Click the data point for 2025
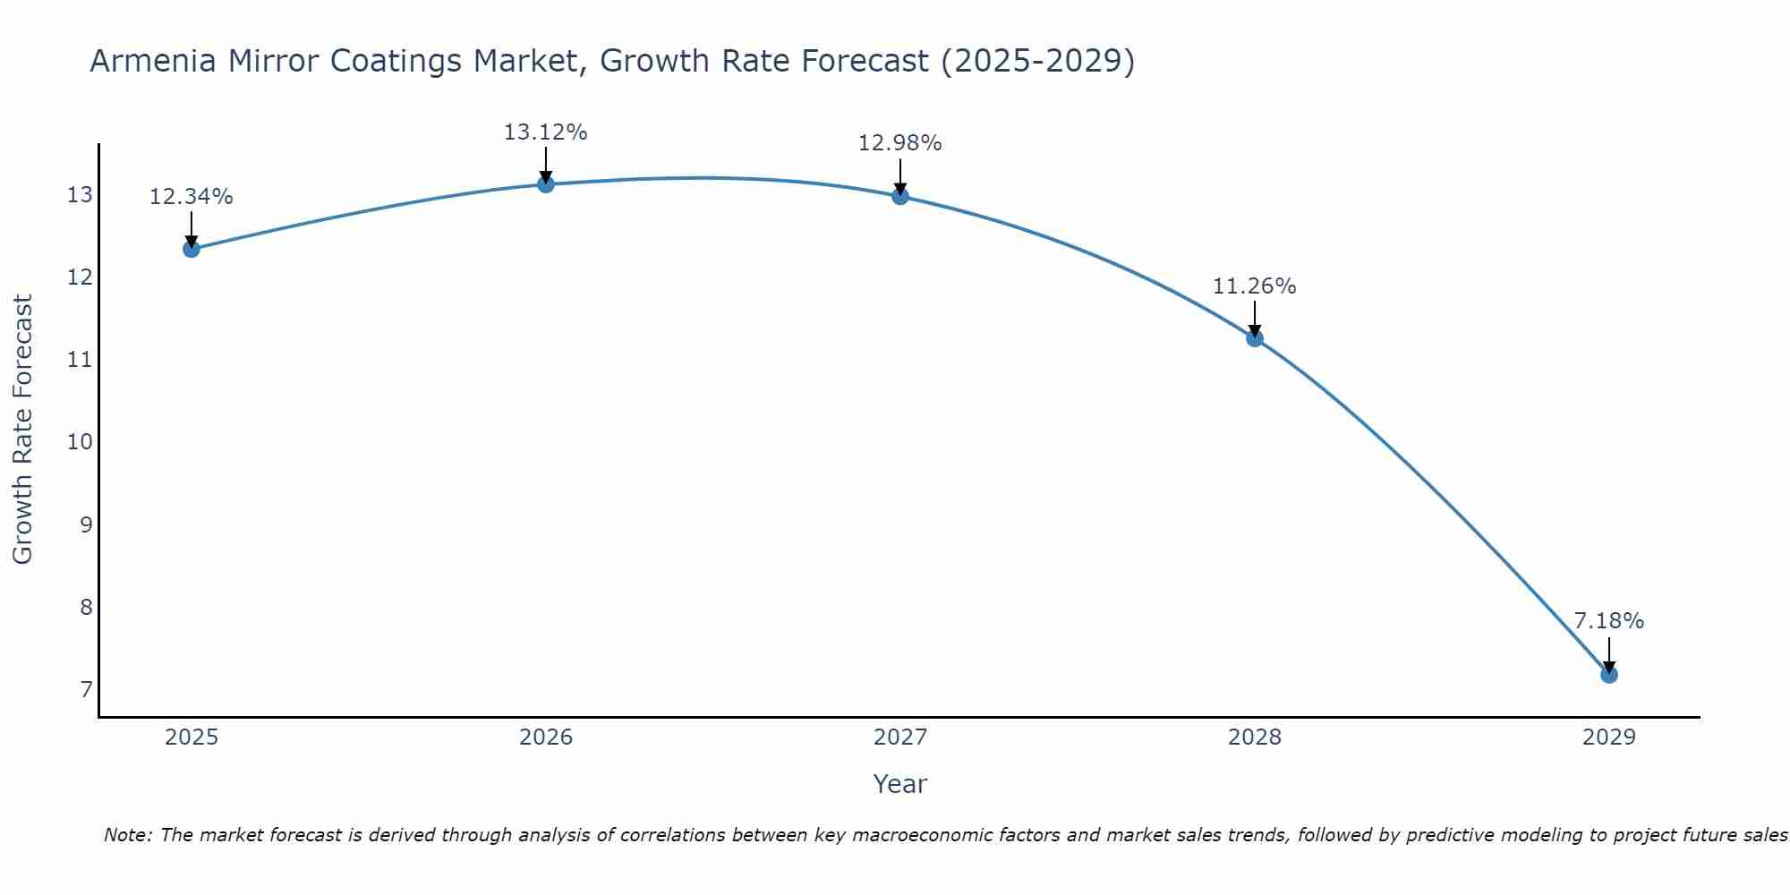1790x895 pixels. point(191,249)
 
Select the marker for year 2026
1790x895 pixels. point(546,184)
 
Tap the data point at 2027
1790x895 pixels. point(900,196)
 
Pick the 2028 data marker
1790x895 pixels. point(1255,337)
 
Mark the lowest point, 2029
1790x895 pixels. point(1608,674)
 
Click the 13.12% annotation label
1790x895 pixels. point(545,132)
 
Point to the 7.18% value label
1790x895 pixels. point(1608,621)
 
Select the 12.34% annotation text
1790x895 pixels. point(191,197)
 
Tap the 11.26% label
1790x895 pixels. point(1254,286)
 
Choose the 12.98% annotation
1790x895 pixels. point(899,143)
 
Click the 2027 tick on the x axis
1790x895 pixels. point(900,737)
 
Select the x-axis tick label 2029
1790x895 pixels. point(1608,737)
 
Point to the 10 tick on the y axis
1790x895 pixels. point(80,442)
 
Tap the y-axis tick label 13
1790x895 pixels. point(80,195)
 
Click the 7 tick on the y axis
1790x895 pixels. point(86,689)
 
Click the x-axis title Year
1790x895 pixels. point(899,784)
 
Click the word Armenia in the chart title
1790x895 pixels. point(152,62)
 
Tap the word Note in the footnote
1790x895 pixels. point(129,836)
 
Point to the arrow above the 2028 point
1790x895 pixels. point(1255,318)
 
